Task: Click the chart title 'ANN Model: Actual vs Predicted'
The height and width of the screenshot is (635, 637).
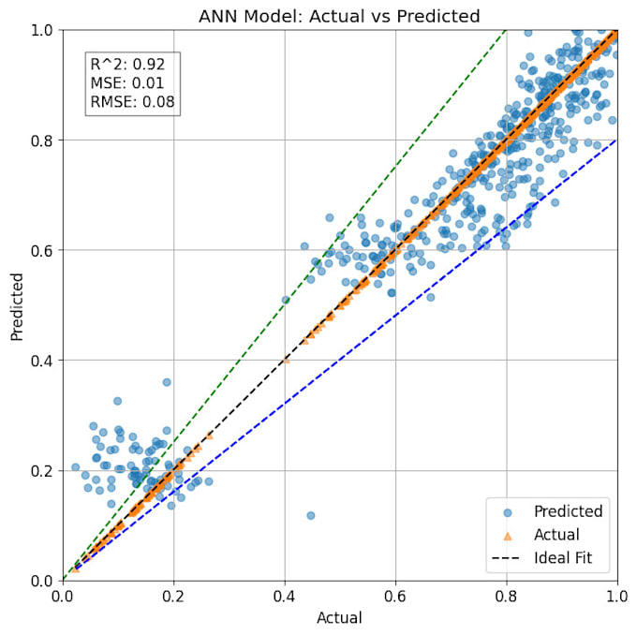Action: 339,16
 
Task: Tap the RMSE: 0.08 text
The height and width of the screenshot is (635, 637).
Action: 132,102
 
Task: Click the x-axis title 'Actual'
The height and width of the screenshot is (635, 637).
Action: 339,618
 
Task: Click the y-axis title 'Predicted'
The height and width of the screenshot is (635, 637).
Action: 17,305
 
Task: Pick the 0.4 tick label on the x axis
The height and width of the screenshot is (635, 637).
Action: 285,598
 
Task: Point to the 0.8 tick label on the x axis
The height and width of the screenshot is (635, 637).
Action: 506,598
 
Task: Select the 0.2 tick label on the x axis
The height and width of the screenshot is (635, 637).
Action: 173,598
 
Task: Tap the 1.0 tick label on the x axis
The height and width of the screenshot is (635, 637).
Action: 616,598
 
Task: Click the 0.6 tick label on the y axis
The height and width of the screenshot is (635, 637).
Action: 41,250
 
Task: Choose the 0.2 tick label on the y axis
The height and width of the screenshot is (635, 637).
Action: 41,470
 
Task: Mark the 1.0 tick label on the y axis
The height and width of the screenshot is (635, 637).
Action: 41,30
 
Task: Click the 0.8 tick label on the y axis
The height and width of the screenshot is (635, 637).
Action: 41,140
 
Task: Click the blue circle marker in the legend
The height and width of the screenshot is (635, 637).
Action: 507,512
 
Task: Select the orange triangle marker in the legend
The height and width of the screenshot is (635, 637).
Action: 507,536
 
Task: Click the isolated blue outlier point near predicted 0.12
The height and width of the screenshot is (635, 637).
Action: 311,515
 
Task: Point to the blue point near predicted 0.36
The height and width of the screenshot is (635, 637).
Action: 167,382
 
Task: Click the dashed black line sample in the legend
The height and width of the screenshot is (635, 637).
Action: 507,560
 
